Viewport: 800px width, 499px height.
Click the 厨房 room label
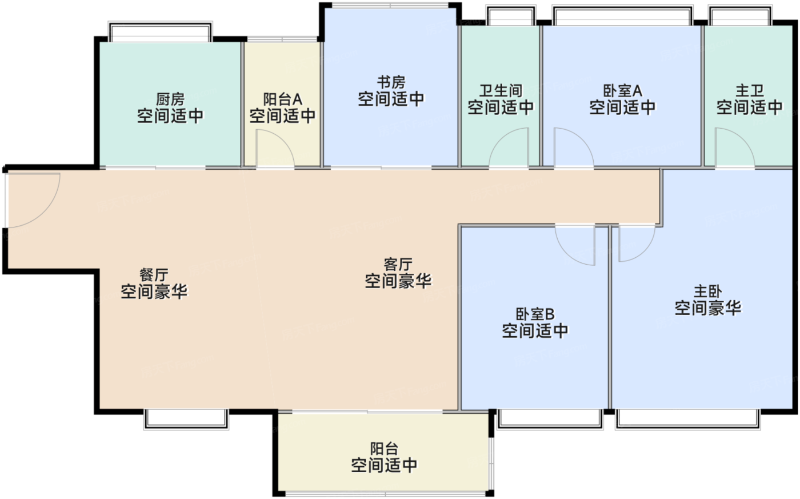(x=170, y=99)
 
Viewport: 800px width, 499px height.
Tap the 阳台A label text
(x=282, y=99)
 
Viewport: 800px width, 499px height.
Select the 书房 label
(x=391, y=82)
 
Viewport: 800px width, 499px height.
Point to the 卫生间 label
(x=501, y=91)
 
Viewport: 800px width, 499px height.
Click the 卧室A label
(x=622, y=91)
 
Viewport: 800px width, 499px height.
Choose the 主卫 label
(x=749, y=91)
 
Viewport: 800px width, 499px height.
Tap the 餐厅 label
(x=154, y=275)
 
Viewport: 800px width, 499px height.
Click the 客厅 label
(x=398, y=264)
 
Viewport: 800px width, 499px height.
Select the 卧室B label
(x=535, y=314)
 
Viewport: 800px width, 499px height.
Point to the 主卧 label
(x=707, y=292)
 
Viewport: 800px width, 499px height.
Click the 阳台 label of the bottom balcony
(x=383, y=449)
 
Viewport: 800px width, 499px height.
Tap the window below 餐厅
(x=186, y=418)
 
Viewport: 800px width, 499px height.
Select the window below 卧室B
(x=550, y=418)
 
